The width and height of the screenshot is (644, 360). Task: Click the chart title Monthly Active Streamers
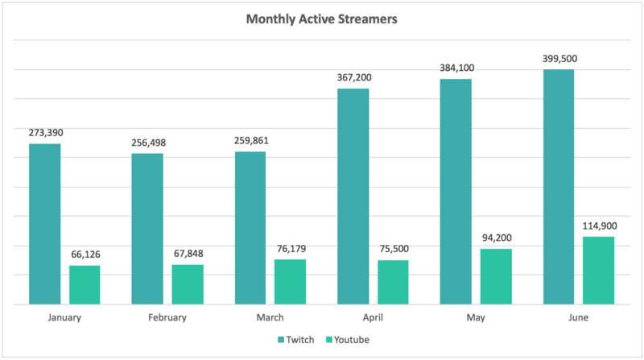click(321, 19)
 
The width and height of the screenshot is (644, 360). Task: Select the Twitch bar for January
click(45, 224)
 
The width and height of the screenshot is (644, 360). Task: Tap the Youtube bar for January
click(85, 284)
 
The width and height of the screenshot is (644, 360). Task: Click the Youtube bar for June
click(598, 270)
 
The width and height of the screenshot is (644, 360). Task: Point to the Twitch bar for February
click(147, 229)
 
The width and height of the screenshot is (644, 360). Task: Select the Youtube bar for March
click(291, 281)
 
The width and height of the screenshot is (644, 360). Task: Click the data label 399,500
click(560, 59)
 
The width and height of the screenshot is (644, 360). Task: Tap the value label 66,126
click(85, 254)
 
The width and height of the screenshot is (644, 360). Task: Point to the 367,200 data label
click(354, 77)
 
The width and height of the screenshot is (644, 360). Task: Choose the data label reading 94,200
click(496, 238)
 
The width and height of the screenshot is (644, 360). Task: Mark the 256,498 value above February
click(148, 143)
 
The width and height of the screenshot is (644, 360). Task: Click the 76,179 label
click(290, 248)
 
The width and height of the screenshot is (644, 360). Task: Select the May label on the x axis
click(476, 317)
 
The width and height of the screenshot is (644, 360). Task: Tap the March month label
click(270, 317)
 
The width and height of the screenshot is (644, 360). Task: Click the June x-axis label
click(578, 317)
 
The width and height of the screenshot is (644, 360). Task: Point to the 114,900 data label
click(598, 226)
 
